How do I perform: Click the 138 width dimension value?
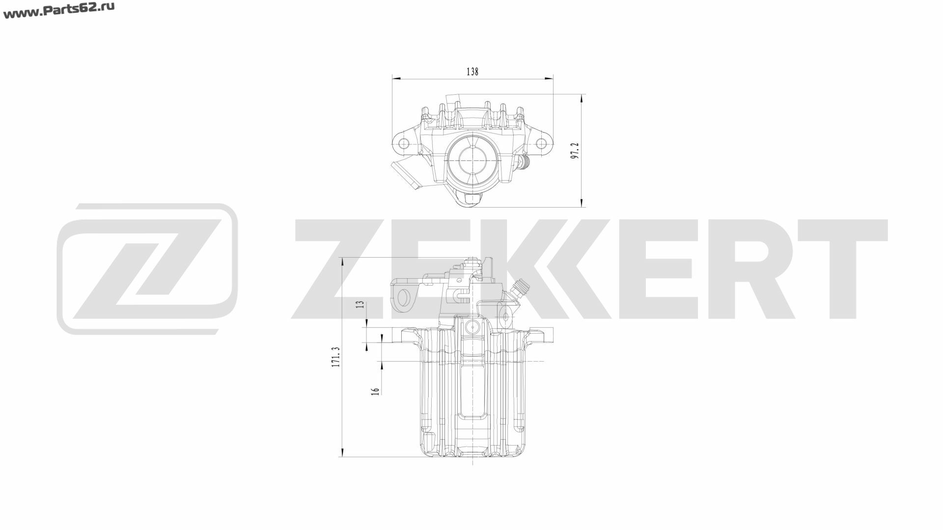point(472,72)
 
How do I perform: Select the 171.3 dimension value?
point(336,357)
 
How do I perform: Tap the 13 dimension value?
point(361,304)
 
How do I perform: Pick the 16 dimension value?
point(376,391)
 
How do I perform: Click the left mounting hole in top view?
point(404,143)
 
